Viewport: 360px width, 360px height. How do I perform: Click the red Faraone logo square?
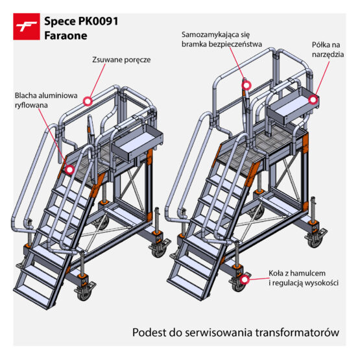pyautogui.click(x=27, y=27)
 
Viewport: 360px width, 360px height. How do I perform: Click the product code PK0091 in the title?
pyautogui.click(x=98, y=21)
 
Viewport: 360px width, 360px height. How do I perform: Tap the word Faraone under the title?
pyautogui.click(x=66, y=36)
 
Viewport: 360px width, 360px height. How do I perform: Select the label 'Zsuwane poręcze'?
pyautogui.click(x=121, y=60)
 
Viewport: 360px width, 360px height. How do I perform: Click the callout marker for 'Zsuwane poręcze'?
pyautogui.click(x=88, y=101)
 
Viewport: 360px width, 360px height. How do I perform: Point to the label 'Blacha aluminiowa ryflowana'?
pyautogui.click(x=46, y=101)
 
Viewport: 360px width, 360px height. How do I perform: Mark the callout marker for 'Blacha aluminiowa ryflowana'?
pyautogui.click(x=70, y=170)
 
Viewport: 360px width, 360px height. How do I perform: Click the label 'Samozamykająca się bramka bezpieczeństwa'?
pyautogui.click(x=222, y=40)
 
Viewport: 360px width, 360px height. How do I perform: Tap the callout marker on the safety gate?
pyautogui.click(x=246, y=85)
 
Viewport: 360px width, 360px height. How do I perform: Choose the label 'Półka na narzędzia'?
pyautogui.click(x=328, y=49)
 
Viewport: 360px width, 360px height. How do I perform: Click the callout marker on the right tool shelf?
pyautogui.click(x=313, y=100)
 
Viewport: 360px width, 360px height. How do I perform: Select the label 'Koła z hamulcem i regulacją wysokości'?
pyautogui.click(x=304, y=278)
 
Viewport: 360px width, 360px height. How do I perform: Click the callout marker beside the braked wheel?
pyautogui.click(x=245, y=280)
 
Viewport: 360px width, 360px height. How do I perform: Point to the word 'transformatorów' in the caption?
pyautogui.click(x=297, y=332)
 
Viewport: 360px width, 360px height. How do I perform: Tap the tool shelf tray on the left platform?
pyautogui.click(x=138, y=142)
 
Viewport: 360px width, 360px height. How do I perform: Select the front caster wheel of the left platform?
pyautogui.click(x=83, y=293)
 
